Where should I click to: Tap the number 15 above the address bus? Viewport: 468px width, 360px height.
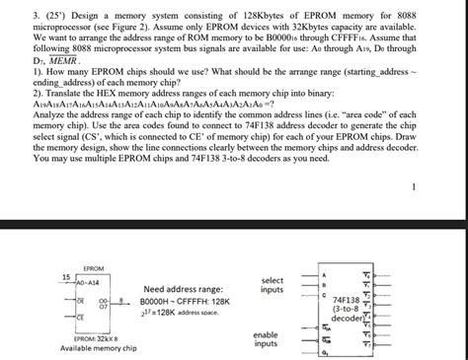[x=65, y=275]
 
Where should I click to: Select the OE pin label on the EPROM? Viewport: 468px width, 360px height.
[x=80, y=299]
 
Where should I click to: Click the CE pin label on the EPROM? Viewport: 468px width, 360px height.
[x=80, y=318]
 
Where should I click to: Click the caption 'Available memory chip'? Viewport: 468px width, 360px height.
[x=99, y=348]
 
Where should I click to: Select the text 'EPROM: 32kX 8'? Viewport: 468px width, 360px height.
[x=97, y=338]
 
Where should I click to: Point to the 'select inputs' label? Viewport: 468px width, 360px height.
[x=272, y=284]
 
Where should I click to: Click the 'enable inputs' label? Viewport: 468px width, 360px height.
[x=267, y=339]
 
